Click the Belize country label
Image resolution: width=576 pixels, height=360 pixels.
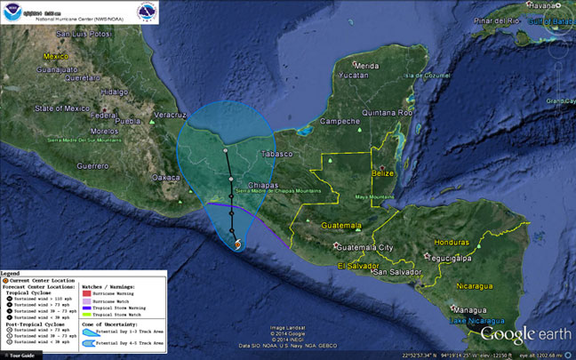[395, 176]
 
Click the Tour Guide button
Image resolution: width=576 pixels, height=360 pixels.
[20, 355]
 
